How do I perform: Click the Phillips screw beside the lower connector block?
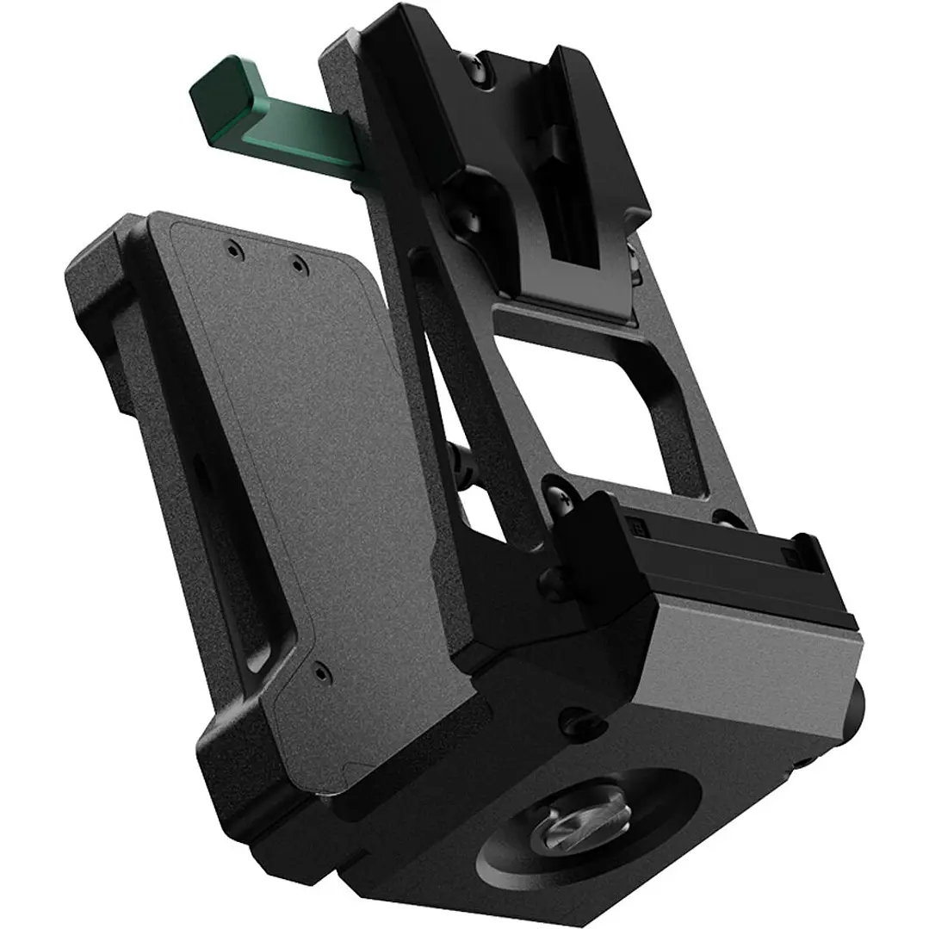pyautogui.click(x=552, y=499)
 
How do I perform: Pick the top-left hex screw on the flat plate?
pyautogui.click(x=232, y=250)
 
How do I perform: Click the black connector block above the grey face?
pyautogui.click(x=689, y=551)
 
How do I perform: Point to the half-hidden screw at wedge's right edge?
pyautogui.click(x=633, y=258)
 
